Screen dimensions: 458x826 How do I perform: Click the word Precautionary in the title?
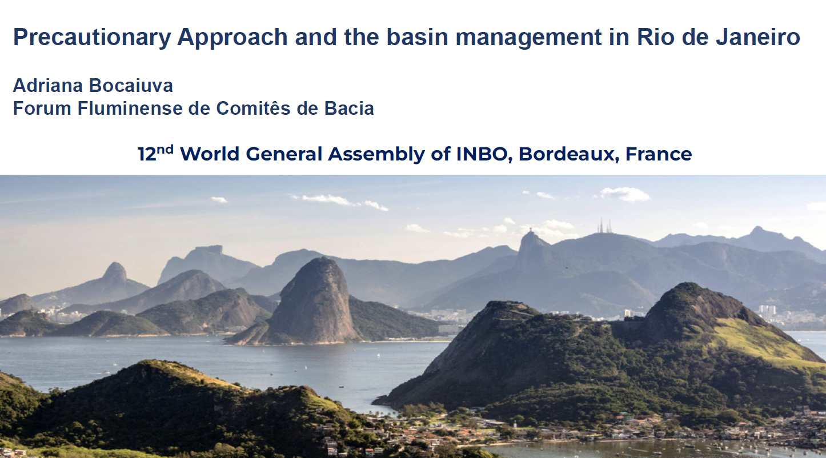tap(91, 38)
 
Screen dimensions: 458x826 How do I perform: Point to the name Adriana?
tap(48, 86)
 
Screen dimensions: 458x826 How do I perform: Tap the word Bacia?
tap(349, 108)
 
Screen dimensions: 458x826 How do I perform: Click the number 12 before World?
tap(147, 154)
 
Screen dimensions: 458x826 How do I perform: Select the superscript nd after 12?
tap(165, 150)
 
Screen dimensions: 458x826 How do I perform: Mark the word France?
tap(659, 154)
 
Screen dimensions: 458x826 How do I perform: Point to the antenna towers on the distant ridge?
tap(604, 226)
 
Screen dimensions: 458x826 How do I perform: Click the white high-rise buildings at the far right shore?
tap(767, 310)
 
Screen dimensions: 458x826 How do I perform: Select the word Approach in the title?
tap(232, 38)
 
